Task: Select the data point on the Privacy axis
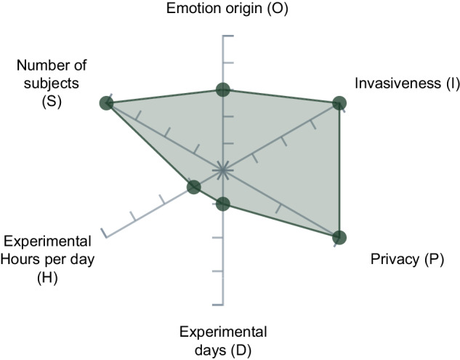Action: [x=339, y=237]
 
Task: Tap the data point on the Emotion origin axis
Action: [x=223, y=89]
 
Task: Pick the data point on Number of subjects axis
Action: [x=107, y=103]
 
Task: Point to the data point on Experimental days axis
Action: [x=223, y=204]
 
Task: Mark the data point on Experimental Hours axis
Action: [x=193, y=187]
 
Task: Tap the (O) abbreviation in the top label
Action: [x=278, y=9]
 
